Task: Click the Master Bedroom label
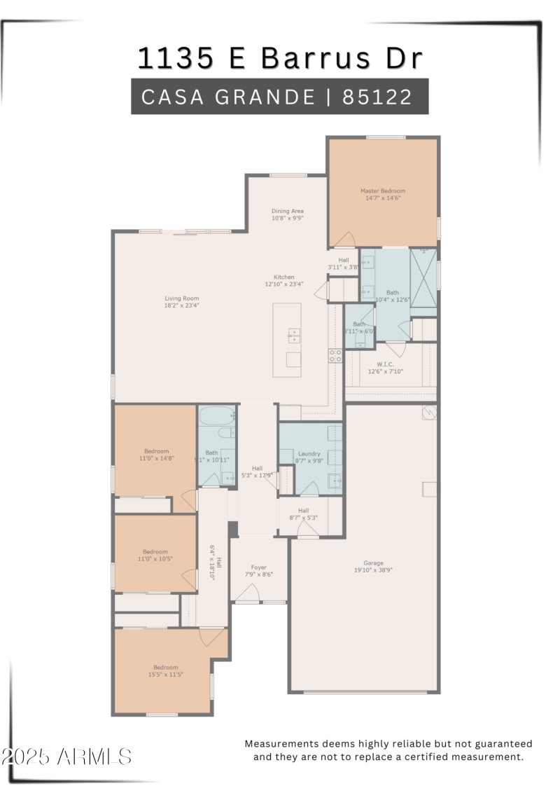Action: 383,191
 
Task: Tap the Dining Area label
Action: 288,211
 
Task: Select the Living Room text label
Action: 182,298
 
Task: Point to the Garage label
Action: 373,563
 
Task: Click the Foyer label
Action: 259,567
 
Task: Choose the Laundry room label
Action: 309,454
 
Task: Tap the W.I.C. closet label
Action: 385,364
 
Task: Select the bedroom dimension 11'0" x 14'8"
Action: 157,458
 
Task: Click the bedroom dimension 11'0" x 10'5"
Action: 155,559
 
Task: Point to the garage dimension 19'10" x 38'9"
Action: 373,570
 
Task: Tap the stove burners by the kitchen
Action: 335,356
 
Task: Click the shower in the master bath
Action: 423,278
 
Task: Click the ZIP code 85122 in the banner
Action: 377,97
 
